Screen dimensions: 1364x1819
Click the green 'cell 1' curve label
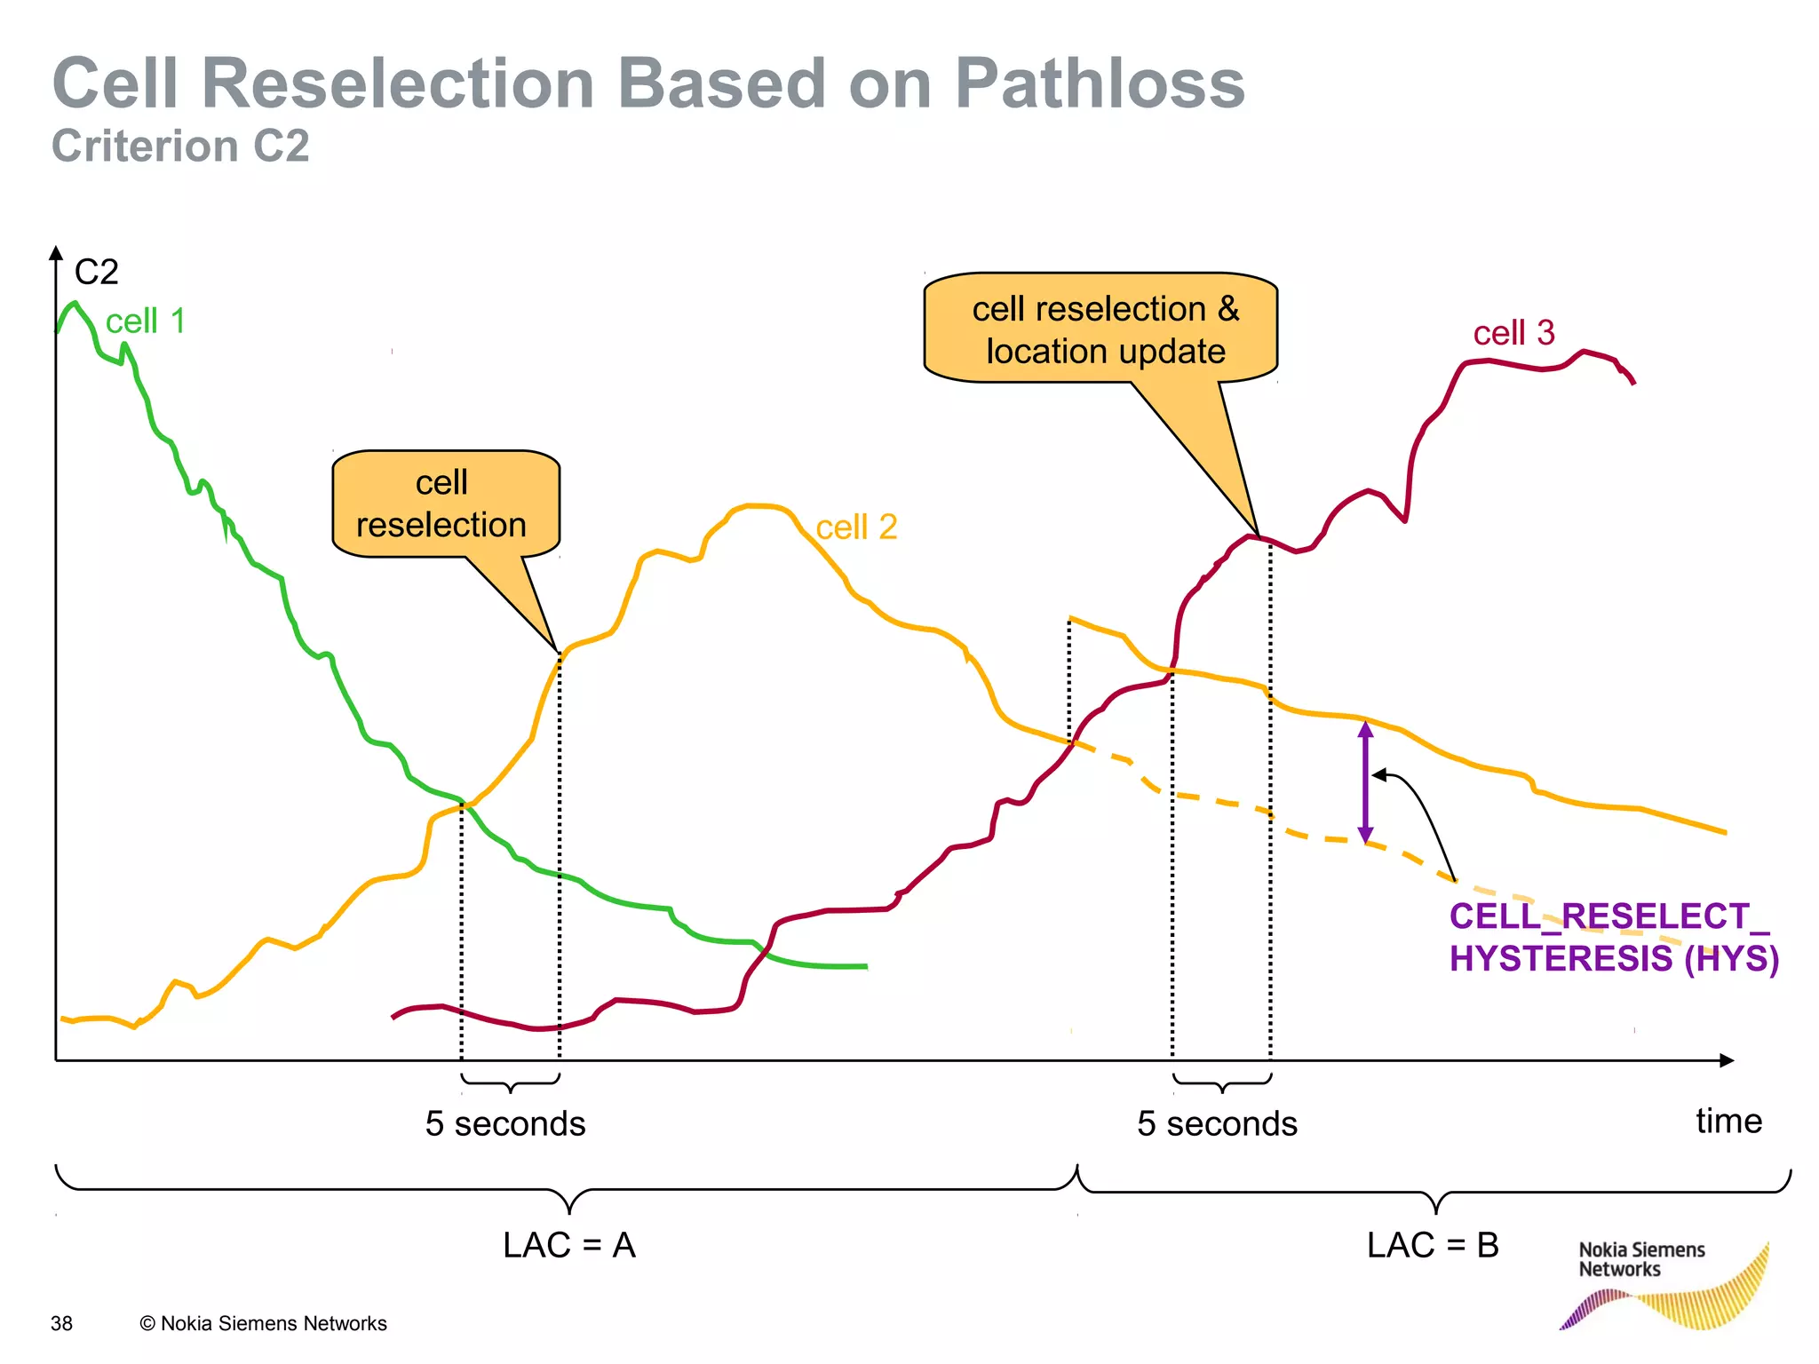click(x=145, y=321)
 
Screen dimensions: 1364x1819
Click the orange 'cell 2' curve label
click(x=856, y=527)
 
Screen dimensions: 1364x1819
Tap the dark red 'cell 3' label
click(x=1513, y=333)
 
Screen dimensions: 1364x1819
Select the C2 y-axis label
click(x=96, y=272)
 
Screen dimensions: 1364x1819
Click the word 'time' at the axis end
click(x=1728, y=1121)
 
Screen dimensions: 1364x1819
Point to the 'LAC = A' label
click(x=569, y=1245)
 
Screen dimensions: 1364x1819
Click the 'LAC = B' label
click(x=1433, y=1245)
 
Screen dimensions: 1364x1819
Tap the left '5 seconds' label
click(x=505, y=1123)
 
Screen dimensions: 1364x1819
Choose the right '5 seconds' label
click(x=1217, y=1123)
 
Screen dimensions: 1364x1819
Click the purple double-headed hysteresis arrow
click(x=1366, y=782)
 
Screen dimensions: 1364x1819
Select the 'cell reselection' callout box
click(x=443, y=504)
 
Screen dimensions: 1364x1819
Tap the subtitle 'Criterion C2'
click(x=180, y=146)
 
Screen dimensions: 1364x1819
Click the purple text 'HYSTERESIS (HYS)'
click(x=1613, y=958)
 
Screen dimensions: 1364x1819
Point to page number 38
click(x=61, y=1323)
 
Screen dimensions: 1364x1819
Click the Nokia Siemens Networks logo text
click(x=1640, y=1259)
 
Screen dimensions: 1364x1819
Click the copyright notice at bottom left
click(x=264, y=1323)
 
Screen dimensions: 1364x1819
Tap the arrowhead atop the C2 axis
click(x=56, y=254)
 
